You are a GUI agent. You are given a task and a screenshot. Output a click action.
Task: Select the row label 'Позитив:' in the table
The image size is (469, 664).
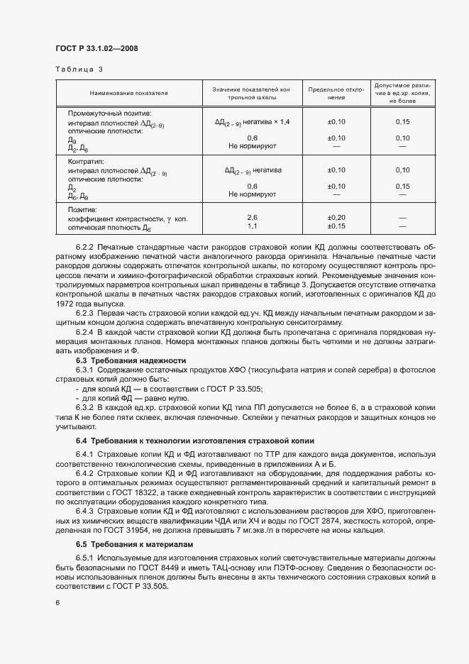[82, 211]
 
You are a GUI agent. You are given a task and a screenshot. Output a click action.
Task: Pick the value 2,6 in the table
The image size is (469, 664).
[252, 218]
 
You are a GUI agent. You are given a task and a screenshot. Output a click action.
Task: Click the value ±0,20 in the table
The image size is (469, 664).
[336, 218]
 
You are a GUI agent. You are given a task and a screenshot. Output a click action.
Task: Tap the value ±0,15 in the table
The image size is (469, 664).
[336, 226]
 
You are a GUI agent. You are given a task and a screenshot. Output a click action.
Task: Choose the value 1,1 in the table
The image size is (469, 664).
[252, 226]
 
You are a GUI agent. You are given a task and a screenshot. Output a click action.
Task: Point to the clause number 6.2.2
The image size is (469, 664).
[84, 246]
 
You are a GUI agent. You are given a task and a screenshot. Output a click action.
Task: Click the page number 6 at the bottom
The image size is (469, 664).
[57, 603]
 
